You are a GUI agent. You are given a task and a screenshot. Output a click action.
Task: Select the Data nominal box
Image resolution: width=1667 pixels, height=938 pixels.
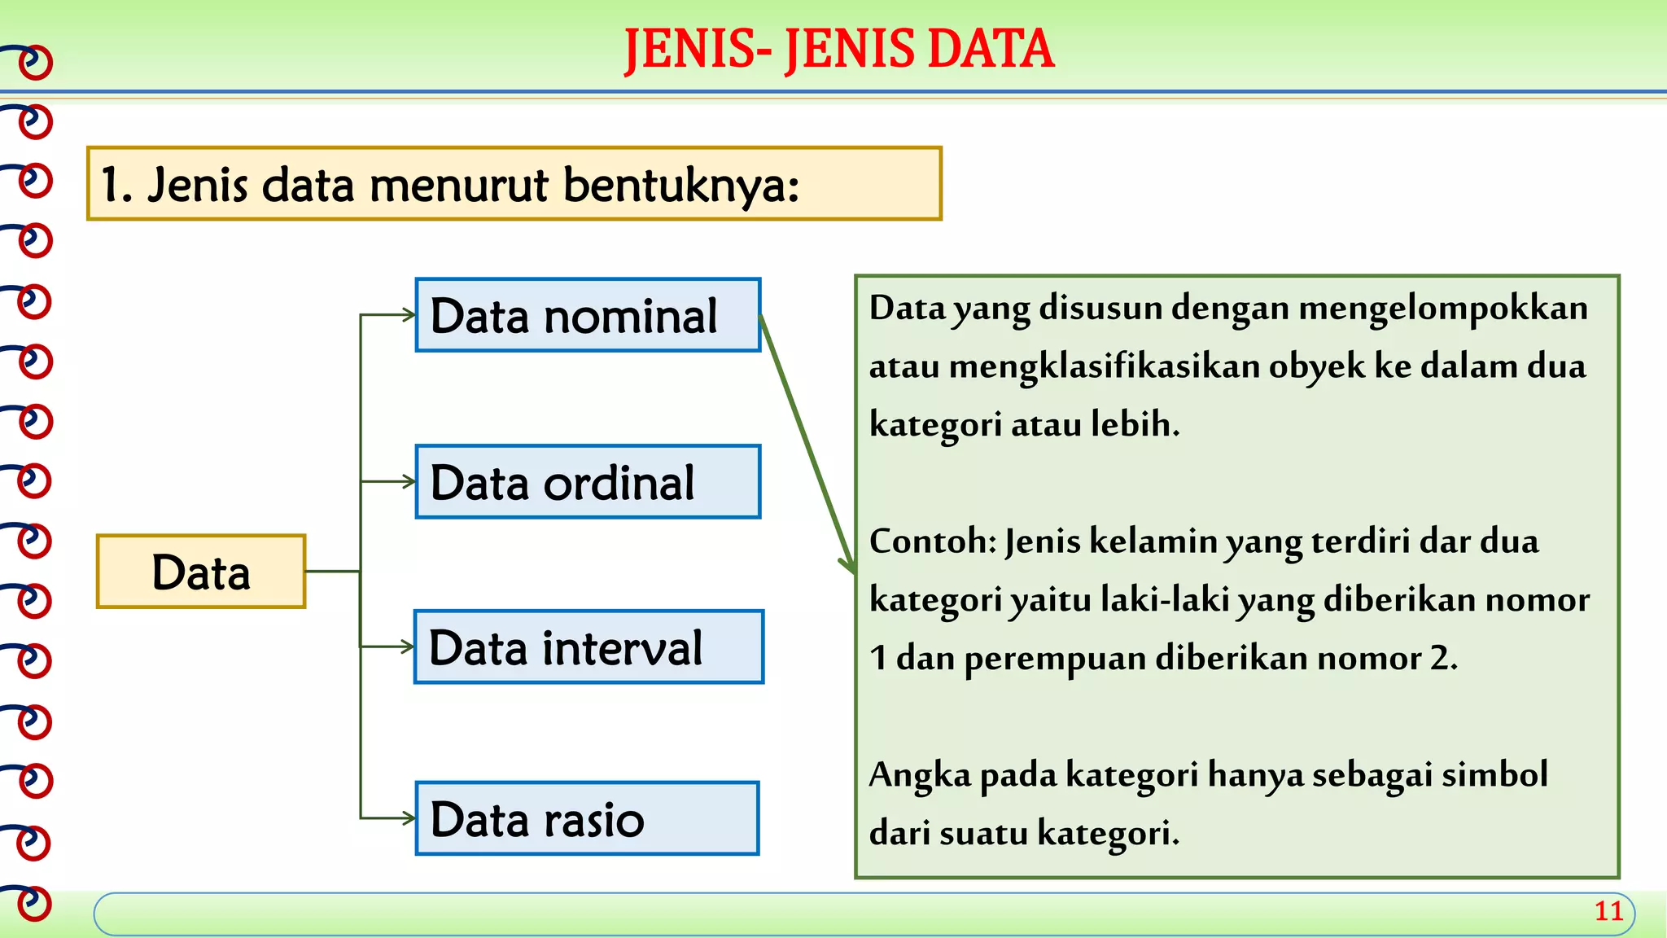tap(588, 315)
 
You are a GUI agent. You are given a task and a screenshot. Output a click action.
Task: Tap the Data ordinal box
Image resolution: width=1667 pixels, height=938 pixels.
tap(588, 482)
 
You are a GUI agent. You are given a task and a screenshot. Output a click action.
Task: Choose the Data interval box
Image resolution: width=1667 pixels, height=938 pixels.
tap(588, 647)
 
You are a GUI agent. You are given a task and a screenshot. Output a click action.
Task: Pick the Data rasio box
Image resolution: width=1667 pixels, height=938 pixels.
tap(586, 818)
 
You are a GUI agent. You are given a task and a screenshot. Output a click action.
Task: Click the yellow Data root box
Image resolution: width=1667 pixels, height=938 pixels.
tap(201, 572)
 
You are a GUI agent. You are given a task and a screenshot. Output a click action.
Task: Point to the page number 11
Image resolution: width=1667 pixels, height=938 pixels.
tap(1608, 911)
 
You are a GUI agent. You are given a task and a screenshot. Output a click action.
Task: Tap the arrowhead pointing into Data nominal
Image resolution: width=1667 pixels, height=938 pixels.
tap(409, 315)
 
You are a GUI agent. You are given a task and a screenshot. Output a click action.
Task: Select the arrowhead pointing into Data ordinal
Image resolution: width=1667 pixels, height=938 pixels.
tap(409, 482)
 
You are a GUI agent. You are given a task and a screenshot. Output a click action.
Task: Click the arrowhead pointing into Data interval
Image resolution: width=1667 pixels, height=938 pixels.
tap(409, 647)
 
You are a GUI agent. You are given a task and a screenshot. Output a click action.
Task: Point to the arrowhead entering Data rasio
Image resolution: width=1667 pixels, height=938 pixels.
tap(409, 818)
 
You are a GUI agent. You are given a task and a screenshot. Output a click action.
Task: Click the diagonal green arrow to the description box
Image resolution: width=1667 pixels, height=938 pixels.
tap(806, 444)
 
